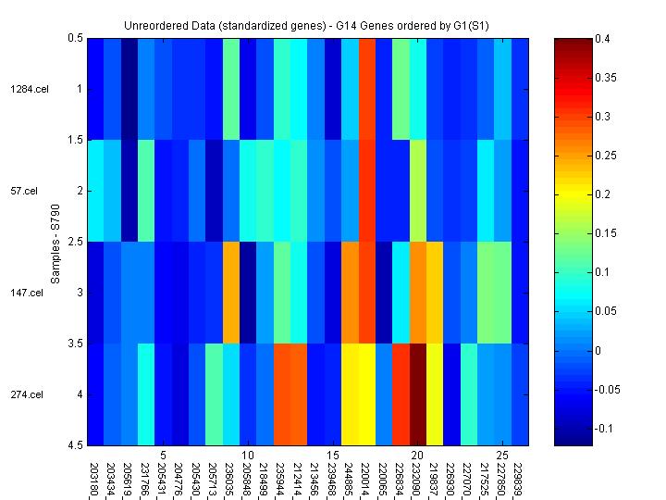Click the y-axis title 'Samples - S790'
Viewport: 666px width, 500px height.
click(x=55, y=242)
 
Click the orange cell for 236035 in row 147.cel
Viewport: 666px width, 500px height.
click(x=230, y=293)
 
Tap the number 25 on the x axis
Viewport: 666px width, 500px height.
click(x=502, y=456)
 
